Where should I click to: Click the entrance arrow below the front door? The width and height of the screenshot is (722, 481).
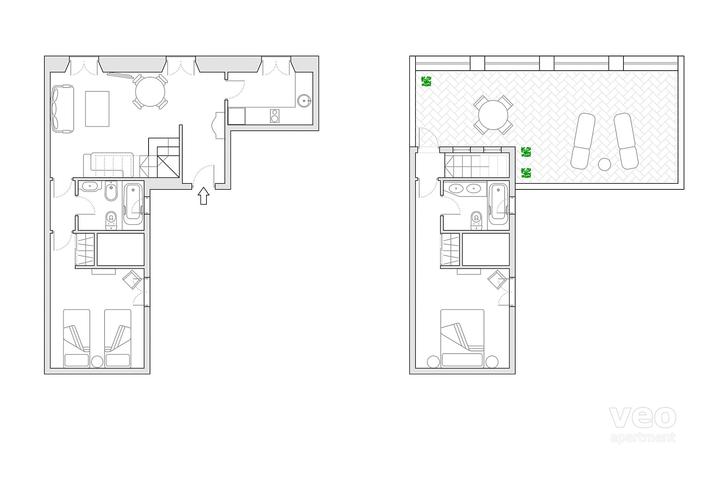203,196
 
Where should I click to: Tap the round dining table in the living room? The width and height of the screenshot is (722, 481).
150,92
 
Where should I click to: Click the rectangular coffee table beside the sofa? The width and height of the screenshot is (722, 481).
97,109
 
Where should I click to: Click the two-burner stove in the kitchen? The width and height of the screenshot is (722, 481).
275,116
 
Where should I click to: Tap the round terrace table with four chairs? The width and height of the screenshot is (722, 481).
493,115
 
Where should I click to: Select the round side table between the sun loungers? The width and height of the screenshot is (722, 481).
604,165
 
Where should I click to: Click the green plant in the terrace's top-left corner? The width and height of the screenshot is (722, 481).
426,82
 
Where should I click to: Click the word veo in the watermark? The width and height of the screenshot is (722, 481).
643,417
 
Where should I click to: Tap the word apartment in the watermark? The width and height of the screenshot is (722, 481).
643,438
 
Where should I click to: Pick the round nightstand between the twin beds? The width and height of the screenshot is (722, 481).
97,361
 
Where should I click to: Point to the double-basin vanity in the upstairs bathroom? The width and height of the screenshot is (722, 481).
465,189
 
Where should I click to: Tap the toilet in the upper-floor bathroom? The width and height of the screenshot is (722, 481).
476,220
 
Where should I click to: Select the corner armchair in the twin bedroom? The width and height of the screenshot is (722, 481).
132,279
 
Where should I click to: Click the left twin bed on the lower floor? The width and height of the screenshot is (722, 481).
77,338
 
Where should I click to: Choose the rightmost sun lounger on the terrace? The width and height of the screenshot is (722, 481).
626,141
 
